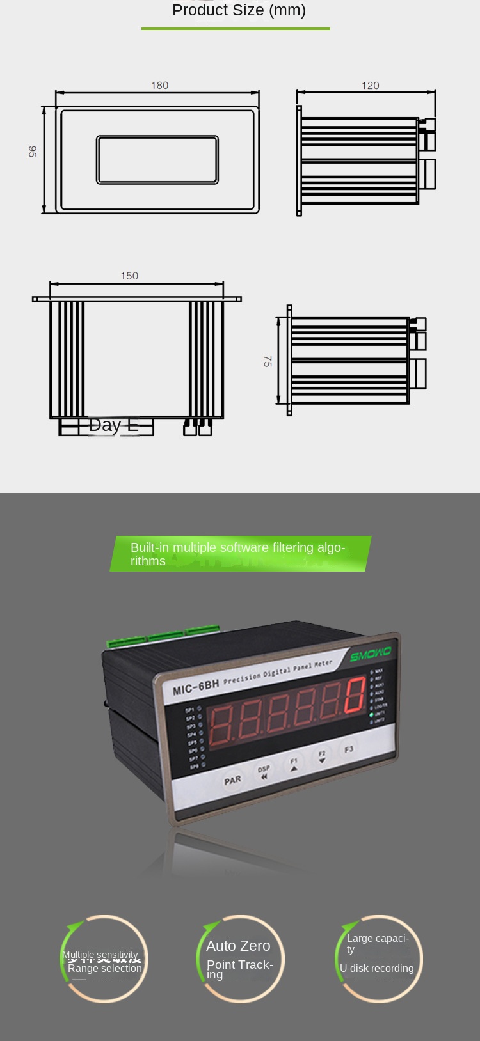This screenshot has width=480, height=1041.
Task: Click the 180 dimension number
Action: pos(159,85)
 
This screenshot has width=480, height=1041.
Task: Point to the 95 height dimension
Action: pos(33,152)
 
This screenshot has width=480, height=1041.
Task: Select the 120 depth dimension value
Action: pos(370,85)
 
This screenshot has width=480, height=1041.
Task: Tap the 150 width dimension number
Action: pos(129,276)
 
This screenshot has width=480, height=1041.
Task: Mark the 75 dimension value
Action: pos(268,361)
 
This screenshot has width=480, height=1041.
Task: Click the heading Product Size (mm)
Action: pos(239,10)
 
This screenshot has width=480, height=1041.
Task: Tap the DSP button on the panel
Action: pos(264,772)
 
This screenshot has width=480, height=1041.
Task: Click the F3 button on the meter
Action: pos(349,749)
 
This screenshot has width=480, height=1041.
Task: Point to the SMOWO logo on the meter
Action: pos(371,655)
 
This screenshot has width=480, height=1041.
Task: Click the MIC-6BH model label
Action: pos(196,687)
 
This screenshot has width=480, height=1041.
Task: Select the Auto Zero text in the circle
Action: pos(238,946)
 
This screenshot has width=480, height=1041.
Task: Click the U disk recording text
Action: pos(376,968)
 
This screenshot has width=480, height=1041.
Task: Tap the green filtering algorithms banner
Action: pos(239,554)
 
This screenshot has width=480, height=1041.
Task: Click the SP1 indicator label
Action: pos(190,710)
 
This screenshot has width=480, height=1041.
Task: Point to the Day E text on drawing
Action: pos(113,425)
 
